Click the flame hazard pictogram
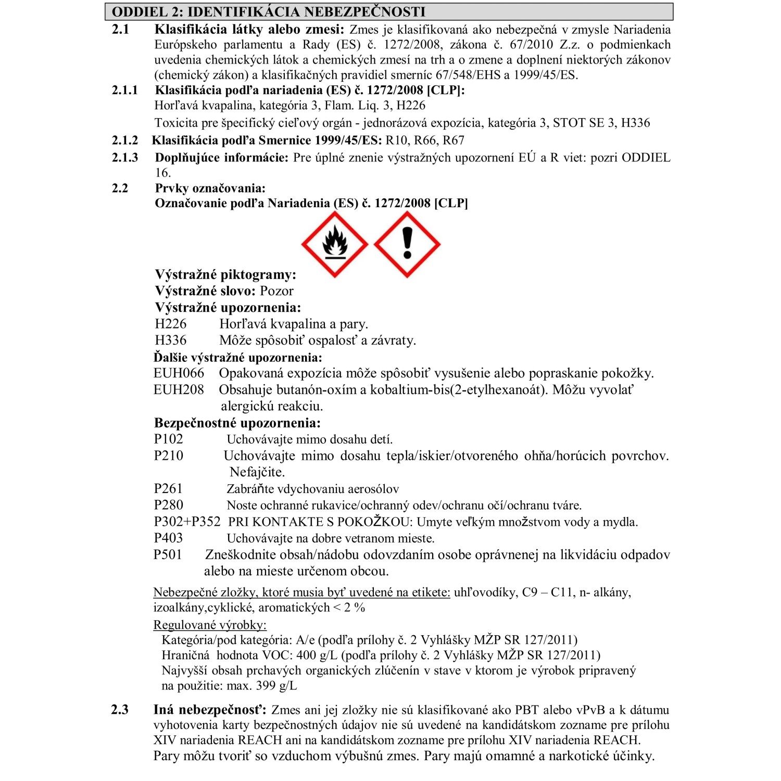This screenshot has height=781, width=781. pos(335,244)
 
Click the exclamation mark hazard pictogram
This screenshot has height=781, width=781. pos(407,244)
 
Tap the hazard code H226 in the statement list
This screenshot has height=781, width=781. pos(170,324)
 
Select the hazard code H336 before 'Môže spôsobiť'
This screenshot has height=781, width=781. pos(170,341)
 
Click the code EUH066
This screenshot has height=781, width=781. pos(179,373)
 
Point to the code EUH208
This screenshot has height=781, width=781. pos(179,390)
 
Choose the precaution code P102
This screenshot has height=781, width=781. pos(168,439)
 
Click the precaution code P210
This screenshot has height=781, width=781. pos(168,456)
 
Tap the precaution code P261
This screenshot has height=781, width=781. pos(168,488)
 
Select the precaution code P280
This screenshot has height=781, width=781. pos(168,505)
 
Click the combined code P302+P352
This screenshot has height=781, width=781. pos(187,522)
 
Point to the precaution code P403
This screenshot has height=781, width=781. pos(168,538)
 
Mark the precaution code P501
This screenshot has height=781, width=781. pos(168,555)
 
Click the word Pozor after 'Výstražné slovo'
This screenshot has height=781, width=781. pos(276,291)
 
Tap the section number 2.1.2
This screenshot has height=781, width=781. pos(125,141)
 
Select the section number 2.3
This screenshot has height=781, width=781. pos(120,710)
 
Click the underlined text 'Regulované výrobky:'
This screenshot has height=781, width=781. pos(210,625)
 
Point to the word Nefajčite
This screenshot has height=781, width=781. pos(257,472)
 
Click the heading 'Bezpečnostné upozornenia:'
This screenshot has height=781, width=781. pos(237,423)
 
